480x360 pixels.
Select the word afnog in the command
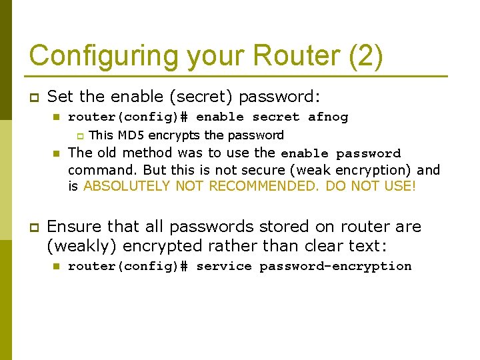click(x=328, y=117)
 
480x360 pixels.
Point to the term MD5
click(x=127, y=135)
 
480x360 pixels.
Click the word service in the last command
click(x=223, y=267)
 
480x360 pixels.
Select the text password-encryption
click(x=335, y=267)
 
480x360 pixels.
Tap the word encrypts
click(x=175, y=135)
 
